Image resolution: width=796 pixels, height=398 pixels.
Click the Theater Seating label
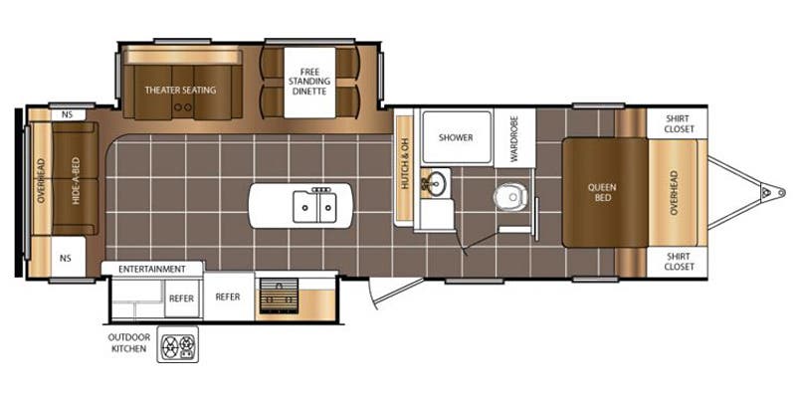click(x=180, y=91)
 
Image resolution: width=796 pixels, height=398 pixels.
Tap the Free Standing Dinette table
click(x=309, y=83)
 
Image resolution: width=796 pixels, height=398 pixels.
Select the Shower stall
click(x=457, y=137)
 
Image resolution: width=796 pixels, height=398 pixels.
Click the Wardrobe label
click(x=514, y=138)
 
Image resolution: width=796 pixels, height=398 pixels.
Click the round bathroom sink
click(x=435, y=182)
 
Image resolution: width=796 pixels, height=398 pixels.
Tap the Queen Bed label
click(x=603, y=192)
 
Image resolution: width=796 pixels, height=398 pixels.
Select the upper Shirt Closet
click(x=678, y=122)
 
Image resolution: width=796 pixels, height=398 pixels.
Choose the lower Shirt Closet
click(x=678, y=263)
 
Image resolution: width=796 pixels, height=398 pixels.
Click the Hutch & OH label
click(x=405, y=169)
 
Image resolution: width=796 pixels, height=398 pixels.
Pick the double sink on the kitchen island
click(x=314, y=205)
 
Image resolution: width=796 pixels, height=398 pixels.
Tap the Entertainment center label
click(x=152, y=269)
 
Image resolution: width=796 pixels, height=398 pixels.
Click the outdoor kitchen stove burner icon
click(x=178, y=344)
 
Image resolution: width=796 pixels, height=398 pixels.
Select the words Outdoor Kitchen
click(x=129, y=342)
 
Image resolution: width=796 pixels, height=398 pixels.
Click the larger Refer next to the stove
click(x=228, y=297)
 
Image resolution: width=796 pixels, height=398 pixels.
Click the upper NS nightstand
click(x=68, y=115)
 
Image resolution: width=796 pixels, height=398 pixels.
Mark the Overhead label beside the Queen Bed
click(x=674, y=192)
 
